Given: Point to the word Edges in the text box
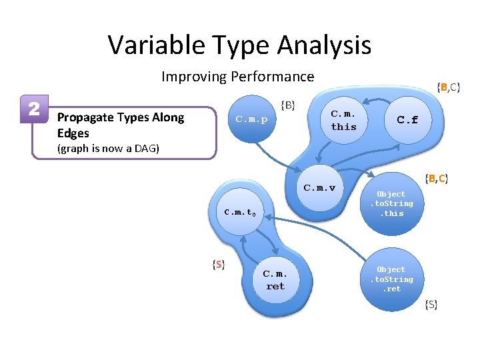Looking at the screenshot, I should (x=73, y=133).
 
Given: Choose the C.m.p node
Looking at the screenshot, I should (x=251, y=120).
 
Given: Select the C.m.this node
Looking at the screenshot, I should (x=344, y=121).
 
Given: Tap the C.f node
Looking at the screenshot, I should (x=407, y=120).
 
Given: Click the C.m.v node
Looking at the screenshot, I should (x=319, y=187).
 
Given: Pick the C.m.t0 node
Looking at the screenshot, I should (x=240, y=213).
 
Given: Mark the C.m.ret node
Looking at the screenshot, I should (x=275, y=280).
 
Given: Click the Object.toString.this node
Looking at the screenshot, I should (x=391, y=203).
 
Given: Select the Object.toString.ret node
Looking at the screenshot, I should (x=391, y=279).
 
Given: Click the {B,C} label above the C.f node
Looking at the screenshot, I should (x=449, y=87).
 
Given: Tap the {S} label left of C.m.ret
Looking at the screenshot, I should (x=217, y=265).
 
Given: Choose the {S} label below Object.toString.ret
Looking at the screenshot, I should (x=431, y=305).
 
